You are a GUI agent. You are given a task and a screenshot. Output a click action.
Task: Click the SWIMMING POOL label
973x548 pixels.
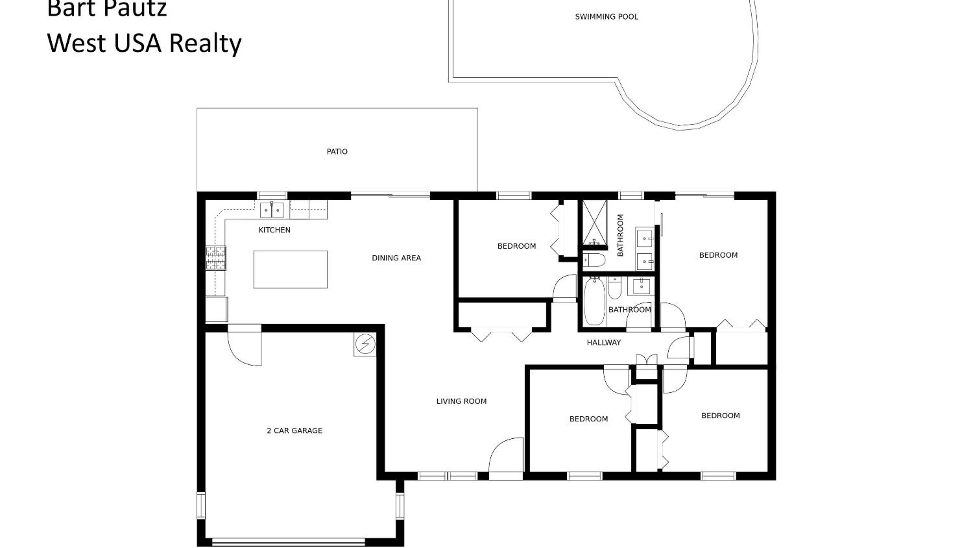606,17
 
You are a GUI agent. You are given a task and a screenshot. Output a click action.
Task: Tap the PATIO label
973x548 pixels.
337,152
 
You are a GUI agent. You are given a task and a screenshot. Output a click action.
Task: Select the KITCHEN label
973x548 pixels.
274,230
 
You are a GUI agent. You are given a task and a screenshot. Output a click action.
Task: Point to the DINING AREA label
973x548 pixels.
396,258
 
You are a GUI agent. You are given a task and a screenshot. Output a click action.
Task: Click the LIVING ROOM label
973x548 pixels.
461,401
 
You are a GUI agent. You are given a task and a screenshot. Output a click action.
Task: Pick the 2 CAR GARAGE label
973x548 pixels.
295,431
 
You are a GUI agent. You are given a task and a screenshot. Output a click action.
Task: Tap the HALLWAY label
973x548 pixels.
604,342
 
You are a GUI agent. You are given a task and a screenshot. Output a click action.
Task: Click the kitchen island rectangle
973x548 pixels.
290,270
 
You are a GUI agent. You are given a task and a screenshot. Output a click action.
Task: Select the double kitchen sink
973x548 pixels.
272,210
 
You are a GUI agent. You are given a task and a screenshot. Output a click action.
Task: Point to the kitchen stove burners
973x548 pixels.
216,258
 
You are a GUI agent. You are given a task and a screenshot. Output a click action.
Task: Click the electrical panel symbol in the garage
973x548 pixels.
365,344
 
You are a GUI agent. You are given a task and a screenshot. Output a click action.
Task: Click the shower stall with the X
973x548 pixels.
594,223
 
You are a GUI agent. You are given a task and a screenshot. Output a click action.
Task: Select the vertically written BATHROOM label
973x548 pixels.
620,235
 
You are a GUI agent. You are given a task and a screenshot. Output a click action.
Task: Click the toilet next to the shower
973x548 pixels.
594,260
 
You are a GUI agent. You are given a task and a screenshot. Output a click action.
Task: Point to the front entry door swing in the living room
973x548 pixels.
506,458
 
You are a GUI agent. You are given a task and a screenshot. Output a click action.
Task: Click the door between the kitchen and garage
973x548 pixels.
244,345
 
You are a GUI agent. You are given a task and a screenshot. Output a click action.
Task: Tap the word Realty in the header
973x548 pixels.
205,43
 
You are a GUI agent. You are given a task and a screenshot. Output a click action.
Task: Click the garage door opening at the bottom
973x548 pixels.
289,542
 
